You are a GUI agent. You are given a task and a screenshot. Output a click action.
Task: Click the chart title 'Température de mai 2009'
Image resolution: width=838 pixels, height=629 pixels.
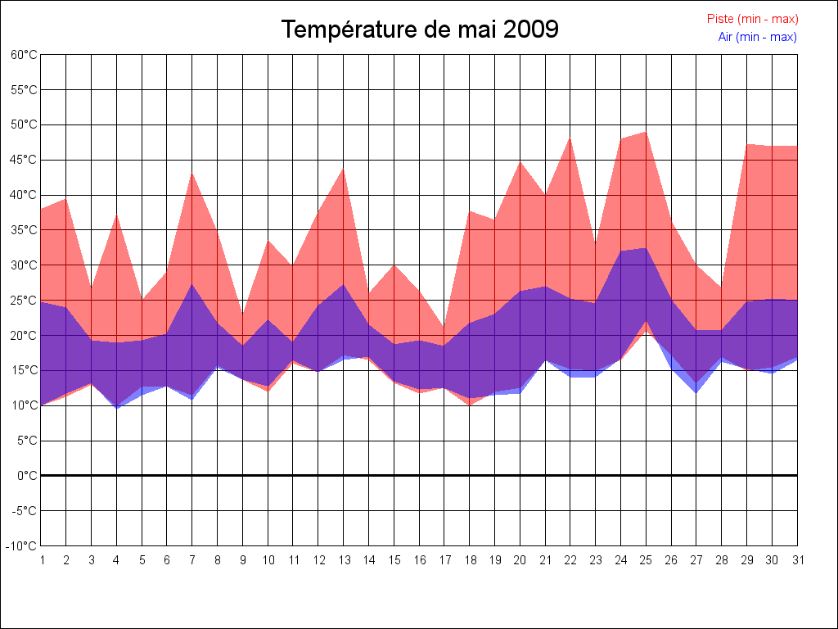[420, 29]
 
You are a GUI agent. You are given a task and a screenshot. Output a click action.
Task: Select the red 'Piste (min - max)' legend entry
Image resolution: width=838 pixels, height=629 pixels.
[752, 19]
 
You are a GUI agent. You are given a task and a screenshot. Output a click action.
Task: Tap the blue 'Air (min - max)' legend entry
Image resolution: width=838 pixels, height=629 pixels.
[757, 37]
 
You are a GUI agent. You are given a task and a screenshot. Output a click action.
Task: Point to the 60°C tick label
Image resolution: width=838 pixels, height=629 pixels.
[24, 55]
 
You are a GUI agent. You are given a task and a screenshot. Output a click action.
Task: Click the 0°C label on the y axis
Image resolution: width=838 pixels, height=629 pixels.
[27, 476]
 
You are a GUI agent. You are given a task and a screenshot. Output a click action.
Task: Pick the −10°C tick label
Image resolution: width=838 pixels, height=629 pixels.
[23, 546]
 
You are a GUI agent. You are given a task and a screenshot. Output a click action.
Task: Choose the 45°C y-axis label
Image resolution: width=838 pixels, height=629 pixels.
[24, 160]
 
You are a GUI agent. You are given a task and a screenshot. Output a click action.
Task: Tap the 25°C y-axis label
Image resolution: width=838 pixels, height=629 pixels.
[24, 301]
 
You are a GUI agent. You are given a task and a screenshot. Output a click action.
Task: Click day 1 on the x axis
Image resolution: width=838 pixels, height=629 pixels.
[41, 560]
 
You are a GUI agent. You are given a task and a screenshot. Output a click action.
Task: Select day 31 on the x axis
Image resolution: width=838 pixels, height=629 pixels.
[797, 560]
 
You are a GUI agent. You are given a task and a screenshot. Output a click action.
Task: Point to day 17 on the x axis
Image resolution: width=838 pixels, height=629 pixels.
[444, 560]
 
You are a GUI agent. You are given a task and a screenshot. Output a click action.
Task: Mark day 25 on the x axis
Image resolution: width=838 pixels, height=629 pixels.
[646, 560]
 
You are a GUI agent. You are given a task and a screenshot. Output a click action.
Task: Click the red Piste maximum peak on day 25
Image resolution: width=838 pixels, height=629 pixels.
[646, 132]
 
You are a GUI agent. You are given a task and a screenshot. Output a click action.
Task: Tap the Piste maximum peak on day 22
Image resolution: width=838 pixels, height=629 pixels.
[570, 138]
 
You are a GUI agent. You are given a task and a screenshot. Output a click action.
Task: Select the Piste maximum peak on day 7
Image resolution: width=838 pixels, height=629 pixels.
[192, 172]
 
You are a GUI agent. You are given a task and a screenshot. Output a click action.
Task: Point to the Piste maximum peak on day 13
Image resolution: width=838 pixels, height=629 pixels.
[344, 169]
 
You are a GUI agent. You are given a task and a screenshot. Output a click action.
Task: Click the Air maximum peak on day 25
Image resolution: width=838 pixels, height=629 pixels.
[646, 248]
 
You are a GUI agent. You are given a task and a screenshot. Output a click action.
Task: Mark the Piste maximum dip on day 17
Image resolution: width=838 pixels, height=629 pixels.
[444, 328]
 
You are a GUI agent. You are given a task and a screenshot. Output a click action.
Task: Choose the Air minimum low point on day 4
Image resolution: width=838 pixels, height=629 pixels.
[116, 408]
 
